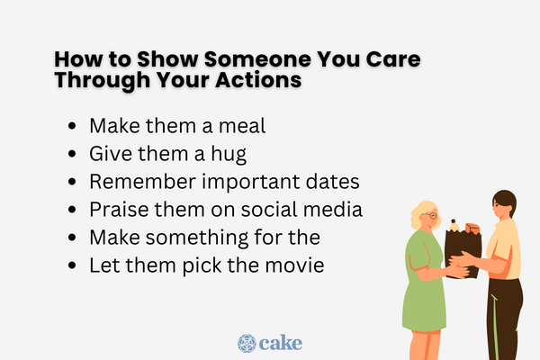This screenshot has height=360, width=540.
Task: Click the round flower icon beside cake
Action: point(247,343)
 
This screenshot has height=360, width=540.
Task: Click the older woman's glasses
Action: point(433,217)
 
